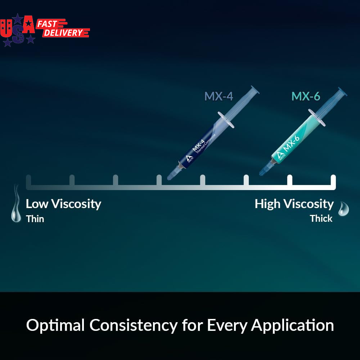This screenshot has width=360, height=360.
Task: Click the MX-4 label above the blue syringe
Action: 219,96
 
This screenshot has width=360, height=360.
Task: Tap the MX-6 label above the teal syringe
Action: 306,96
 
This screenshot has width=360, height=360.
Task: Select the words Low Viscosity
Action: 63,204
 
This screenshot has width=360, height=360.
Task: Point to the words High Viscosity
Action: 294,204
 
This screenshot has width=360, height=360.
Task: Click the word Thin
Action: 35,219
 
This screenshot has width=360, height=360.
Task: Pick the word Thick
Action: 321,219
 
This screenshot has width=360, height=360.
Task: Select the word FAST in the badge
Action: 47,24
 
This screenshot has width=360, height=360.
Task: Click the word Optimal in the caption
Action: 55,325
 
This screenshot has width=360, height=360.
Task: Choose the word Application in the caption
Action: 292,325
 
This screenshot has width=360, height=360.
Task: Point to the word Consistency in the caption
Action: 133,325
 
